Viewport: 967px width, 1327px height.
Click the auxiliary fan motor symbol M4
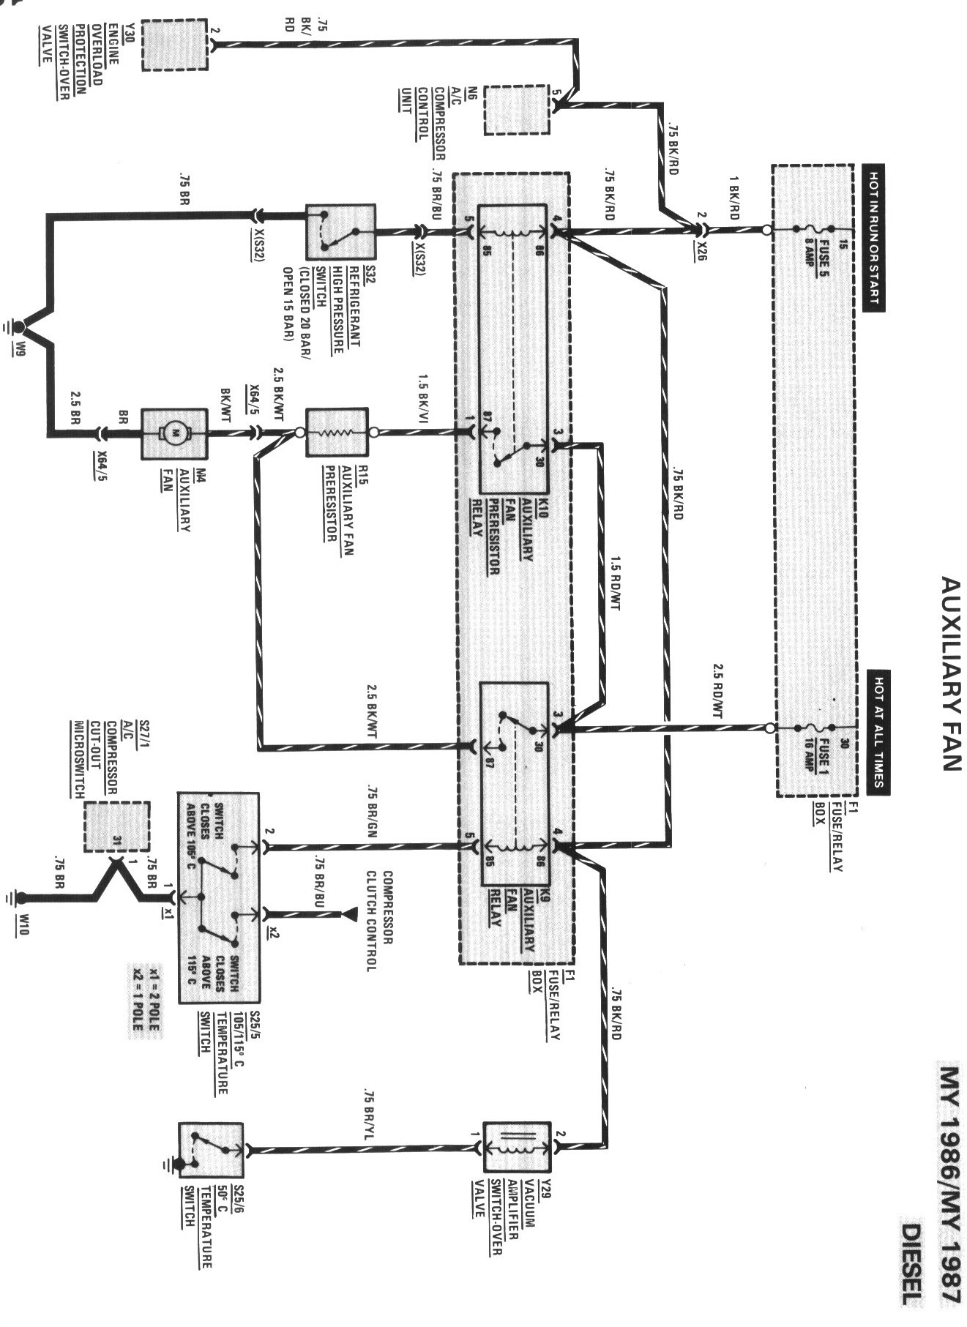coord(175,434)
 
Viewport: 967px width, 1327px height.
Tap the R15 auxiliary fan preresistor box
coord(337,433)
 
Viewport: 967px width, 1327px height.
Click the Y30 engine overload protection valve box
coord(174,45)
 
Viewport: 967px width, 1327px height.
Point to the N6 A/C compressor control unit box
coord(517,109)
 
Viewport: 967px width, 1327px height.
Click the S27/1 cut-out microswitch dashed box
coord(116,826)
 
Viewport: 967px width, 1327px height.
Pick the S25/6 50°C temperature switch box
coord(211,1150)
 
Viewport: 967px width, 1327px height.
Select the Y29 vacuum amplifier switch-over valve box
coord(517,1147)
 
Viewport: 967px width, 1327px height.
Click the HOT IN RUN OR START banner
coord(873,238)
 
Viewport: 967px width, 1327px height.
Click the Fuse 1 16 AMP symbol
coord(814,728)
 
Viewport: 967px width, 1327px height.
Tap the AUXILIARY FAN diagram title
coord(949,673)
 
